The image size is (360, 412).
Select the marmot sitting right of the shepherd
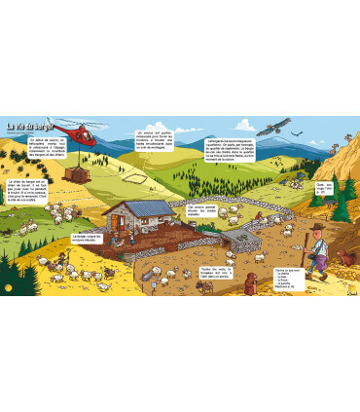click(344, 258)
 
